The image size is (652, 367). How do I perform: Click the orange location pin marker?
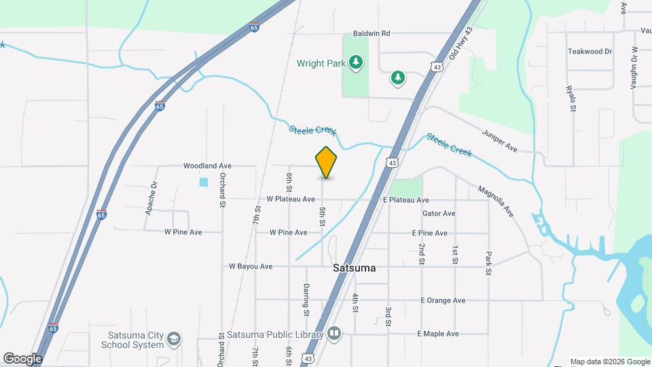point(327,162)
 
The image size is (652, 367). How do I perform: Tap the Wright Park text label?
point(321,63)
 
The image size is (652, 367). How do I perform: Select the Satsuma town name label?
point(355,268)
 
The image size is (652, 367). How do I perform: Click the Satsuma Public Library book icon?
point(333,334)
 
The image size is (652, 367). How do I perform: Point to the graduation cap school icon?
point(175,338)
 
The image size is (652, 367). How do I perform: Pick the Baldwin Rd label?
point(372,33)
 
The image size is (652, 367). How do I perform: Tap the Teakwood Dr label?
point(590,51)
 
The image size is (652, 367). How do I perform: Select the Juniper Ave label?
point(500,141)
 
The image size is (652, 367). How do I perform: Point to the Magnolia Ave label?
point(495,201)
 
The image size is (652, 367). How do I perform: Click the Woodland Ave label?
point(207,165)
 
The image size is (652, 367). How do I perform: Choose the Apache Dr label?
point(151,198)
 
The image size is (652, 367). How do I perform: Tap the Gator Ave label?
point(439,213)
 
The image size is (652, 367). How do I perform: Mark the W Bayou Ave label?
point(251,266)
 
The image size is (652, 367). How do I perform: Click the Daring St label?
point(306,298)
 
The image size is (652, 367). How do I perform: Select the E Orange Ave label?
point(443,300)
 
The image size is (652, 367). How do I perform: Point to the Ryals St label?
point(572,99)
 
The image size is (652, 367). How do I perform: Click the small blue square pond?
point(204,182)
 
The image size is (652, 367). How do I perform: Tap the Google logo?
point(22,358)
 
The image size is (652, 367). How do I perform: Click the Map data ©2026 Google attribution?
point(609,362)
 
